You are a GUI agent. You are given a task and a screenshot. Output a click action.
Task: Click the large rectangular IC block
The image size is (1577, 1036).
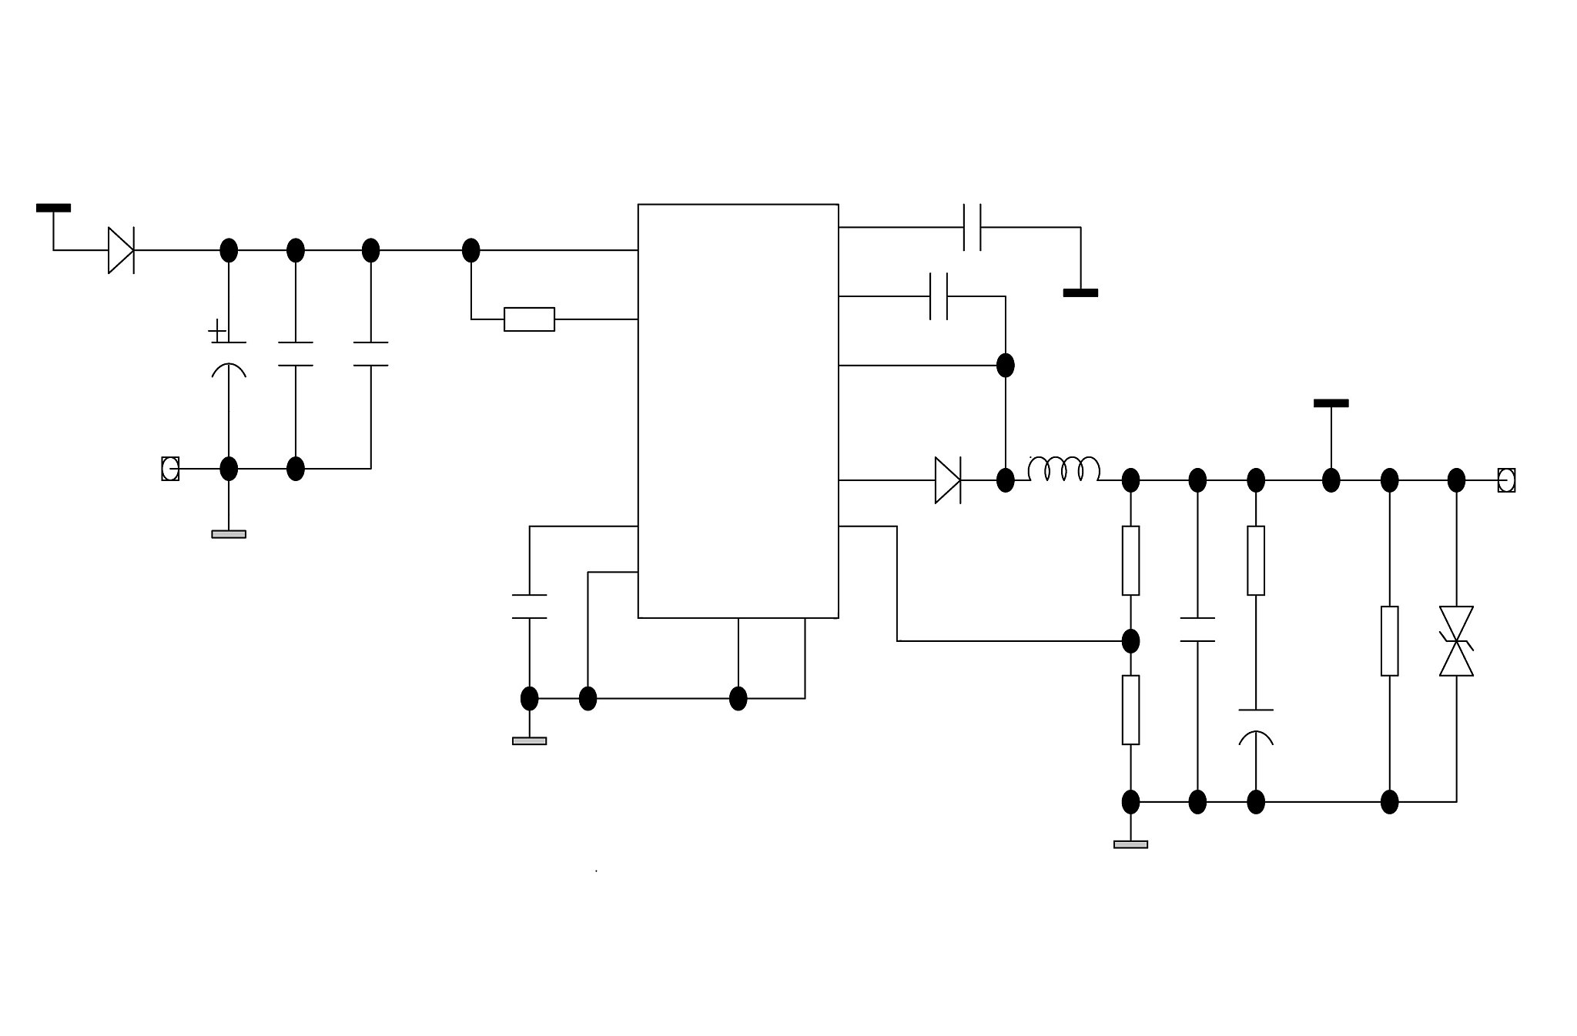738,410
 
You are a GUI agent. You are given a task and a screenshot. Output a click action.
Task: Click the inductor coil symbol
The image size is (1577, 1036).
1063,470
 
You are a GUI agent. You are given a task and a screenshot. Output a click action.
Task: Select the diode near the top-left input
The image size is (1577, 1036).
121,250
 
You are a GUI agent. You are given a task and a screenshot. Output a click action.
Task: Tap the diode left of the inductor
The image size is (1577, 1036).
948,480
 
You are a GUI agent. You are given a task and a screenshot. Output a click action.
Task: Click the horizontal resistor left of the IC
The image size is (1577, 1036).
529,319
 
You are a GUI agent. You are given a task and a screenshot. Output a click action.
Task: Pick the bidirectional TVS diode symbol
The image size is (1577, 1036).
1456,640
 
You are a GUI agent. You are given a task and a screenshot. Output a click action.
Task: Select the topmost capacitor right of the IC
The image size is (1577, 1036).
972,227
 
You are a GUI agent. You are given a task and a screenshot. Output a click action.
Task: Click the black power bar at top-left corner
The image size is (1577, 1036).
53,208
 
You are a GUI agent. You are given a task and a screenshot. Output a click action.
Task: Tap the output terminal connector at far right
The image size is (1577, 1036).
1506,480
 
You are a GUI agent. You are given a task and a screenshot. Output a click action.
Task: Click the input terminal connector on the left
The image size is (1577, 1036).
170,469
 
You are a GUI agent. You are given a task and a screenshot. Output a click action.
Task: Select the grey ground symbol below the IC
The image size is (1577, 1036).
529,740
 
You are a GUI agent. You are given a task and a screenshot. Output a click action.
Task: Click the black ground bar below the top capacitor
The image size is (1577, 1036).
1080,292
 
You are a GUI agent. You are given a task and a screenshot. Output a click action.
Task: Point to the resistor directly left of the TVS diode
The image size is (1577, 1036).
1389,640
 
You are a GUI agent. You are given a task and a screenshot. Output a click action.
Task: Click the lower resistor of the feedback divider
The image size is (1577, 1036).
1130,710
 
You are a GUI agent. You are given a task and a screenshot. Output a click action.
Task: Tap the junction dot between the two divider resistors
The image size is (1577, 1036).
1130,640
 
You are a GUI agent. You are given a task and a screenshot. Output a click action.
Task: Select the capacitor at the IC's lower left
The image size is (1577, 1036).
529,607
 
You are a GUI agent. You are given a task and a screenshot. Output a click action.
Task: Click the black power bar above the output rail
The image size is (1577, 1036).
1331,403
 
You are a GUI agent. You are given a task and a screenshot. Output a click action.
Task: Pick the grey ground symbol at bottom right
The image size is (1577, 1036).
1130,844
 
